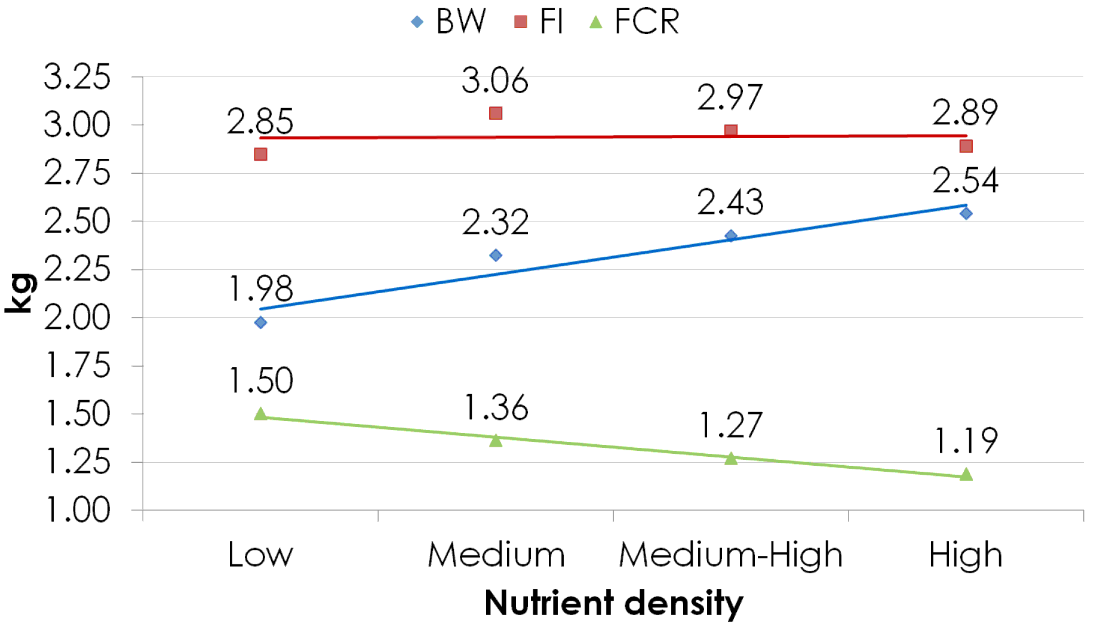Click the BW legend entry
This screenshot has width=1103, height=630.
(x=448, y=22)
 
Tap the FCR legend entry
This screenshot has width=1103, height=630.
(x=635, y=22)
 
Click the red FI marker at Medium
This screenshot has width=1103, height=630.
(x=495, y=113)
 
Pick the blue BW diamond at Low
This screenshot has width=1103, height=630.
(x=260, y=322)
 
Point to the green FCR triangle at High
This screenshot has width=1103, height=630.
(x=966, y=475)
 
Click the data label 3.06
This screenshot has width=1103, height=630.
(x=495, y=81)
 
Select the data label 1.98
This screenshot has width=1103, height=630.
(x=261, y=289)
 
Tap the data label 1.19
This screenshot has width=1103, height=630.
(x=966, y=441)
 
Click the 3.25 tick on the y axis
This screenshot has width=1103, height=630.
(x=77, y=78)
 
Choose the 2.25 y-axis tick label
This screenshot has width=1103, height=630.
(x=77, y=270)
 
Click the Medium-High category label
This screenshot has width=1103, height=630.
(x=730, y=555)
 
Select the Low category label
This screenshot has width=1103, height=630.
(x=260, y=555)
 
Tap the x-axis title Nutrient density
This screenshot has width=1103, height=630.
(x=613, y=603)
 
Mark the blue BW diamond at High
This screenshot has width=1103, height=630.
(x=966, y=214)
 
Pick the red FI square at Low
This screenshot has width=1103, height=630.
(x=260, y=155)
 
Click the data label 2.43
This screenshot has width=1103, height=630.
(x=730, y=202)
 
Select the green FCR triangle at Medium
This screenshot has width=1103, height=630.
(x=495, y=441)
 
